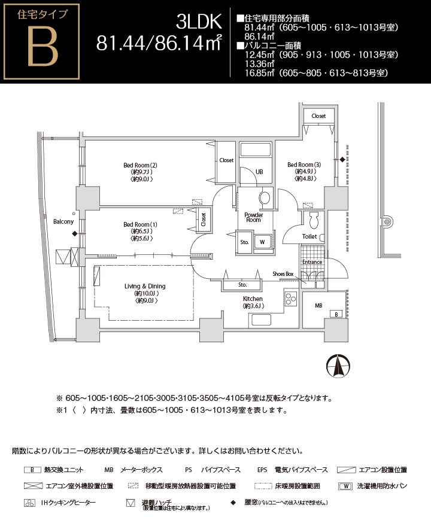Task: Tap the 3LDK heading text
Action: click(x=199, y=22)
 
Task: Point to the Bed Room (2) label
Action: click(x=140, y=165)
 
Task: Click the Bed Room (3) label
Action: click(x=304, y=165)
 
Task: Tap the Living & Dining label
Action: click(x=145, y=287)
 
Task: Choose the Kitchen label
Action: click(x=253, y=299)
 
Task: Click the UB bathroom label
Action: click(x=259, y=172)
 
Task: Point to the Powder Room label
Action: click(x=253, y=217)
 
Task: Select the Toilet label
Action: click(x=309, y=237)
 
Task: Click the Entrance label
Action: click(x=312, y=262)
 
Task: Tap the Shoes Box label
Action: click(x=283, y=274)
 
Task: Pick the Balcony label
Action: click(x=63, y=221)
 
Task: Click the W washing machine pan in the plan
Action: click(x=262, y=242)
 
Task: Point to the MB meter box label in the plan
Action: click(x=318, y=305)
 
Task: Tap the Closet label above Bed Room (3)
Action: click(x=318, y=116)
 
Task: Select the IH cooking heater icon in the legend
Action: click(x=29, y=503)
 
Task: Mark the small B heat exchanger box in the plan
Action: click(x=336, y=314)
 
